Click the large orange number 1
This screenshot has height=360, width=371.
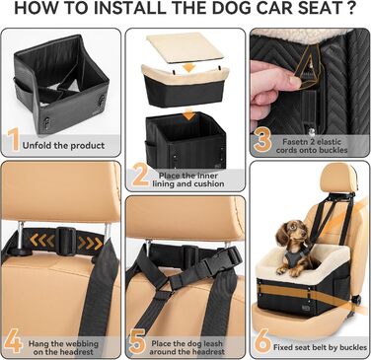click(x=13, y=141)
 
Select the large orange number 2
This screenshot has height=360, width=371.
click(x=140, y=177)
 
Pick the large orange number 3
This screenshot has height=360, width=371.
click(x=262, y=141)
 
